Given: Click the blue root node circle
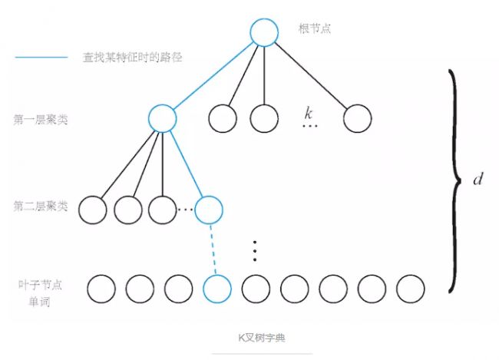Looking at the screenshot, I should tap(263, 32).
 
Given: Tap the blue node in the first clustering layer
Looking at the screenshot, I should tap(162, 118).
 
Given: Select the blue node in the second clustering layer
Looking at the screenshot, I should tap(208, 209).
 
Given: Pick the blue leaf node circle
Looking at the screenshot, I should tap(216, 289).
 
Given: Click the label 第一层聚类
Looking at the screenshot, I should tap(41, 121).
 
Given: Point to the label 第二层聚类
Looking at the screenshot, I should tap(41, 206).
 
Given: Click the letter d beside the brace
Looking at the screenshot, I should tap(478, 180).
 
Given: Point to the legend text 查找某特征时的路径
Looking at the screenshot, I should tap(132, 58).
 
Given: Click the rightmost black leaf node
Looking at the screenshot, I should tap(410, 289).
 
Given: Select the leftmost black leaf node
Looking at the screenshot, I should tap(101, 289).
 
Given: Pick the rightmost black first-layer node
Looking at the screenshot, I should tap(357, 118).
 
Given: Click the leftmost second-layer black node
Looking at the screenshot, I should tap(92, 209).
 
